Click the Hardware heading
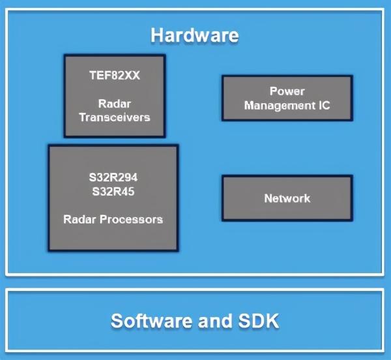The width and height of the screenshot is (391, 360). pyautogui.click(x=194, y=35)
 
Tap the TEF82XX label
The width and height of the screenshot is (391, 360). pyautogui.click(x=114, y=75)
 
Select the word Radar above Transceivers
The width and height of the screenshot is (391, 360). pyautogui.click(x=114, y=104)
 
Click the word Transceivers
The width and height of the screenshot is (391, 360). pyautogui.click(x=114, y=117)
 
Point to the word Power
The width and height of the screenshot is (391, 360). pyautogui.click(x=287, y=91)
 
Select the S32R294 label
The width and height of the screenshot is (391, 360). pyautogui.click(x=113, y=177)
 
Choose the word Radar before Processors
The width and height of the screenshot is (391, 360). pyautogui.click(x=79, y=219)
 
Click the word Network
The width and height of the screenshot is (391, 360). pyautogui.click(x=287, y=198)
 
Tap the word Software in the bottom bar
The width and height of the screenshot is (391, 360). pyautogui.click(x=150, y=321)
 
